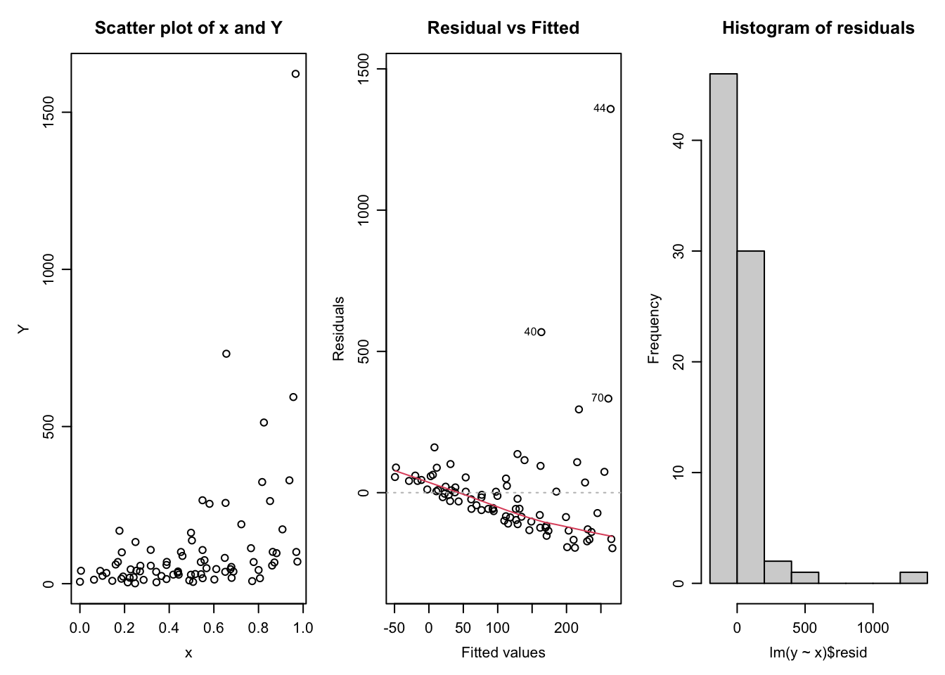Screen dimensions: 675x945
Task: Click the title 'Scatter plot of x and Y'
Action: tap(188, 28)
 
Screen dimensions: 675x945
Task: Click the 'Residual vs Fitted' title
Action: tap(503, 28)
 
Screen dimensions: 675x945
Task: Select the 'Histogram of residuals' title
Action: tap(818, 28)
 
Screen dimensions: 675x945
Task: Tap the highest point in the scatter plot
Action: tap(295, 74)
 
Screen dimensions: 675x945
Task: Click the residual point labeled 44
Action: tap(610, 109)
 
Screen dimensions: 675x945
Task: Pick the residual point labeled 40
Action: tap(541, 332)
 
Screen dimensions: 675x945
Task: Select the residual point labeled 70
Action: tap(608, 399)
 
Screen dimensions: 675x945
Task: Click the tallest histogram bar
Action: tap(724, 328)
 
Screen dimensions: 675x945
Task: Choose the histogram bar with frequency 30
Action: tap(750, 417)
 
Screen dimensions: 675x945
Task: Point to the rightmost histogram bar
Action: tap(913, 577)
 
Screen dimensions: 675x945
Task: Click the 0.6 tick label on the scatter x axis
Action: tap(214, 628)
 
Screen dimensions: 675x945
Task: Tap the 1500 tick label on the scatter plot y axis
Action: tap(49, 112)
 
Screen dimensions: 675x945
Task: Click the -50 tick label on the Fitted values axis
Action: tap(394, 628)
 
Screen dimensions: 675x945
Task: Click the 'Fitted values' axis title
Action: tap(503, 652)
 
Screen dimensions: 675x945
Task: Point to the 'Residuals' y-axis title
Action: tap(339, 328)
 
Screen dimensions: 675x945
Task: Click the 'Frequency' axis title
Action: tap(654, 328)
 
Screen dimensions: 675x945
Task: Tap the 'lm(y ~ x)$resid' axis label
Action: tap(818, 652)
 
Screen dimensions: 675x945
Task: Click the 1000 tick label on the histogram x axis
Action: tap(873, 628)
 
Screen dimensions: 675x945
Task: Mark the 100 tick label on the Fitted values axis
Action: tap(498, 628)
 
